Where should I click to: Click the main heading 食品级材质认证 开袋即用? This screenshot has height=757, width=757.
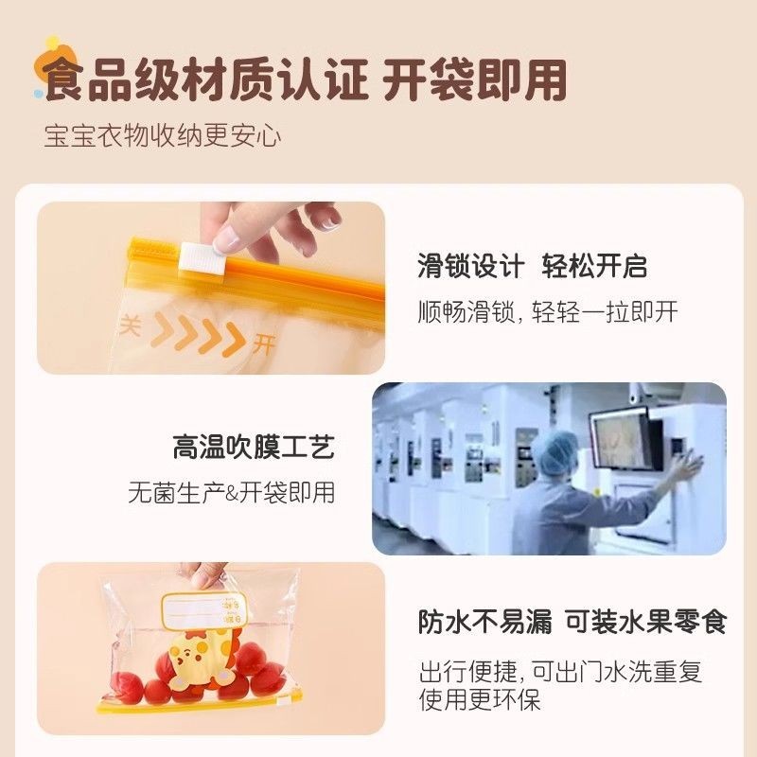click(x=305, y=79)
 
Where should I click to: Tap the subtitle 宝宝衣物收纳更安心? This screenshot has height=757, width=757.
click(x=163, y=135)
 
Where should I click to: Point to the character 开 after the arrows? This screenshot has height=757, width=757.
click(x=264, y=344)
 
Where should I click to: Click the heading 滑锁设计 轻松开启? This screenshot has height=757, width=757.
click(x=532, y=266)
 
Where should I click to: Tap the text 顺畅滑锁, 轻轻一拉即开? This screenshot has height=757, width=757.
click(x=548, y=311)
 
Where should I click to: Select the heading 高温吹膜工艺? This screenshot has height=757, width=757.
click(x=254, y=447)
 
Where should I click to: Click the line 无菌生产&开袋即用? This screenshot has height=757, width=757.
click(x=231, y=493)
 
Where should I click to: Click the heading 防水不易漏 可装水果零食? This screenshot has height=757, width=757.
click(x=572, y=622)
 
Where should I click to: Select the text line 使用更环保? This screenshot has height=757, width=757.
click(x=480, y=699)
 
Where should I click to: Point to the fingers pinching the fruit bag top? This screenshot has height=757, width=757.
click(x=208, y=574)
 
